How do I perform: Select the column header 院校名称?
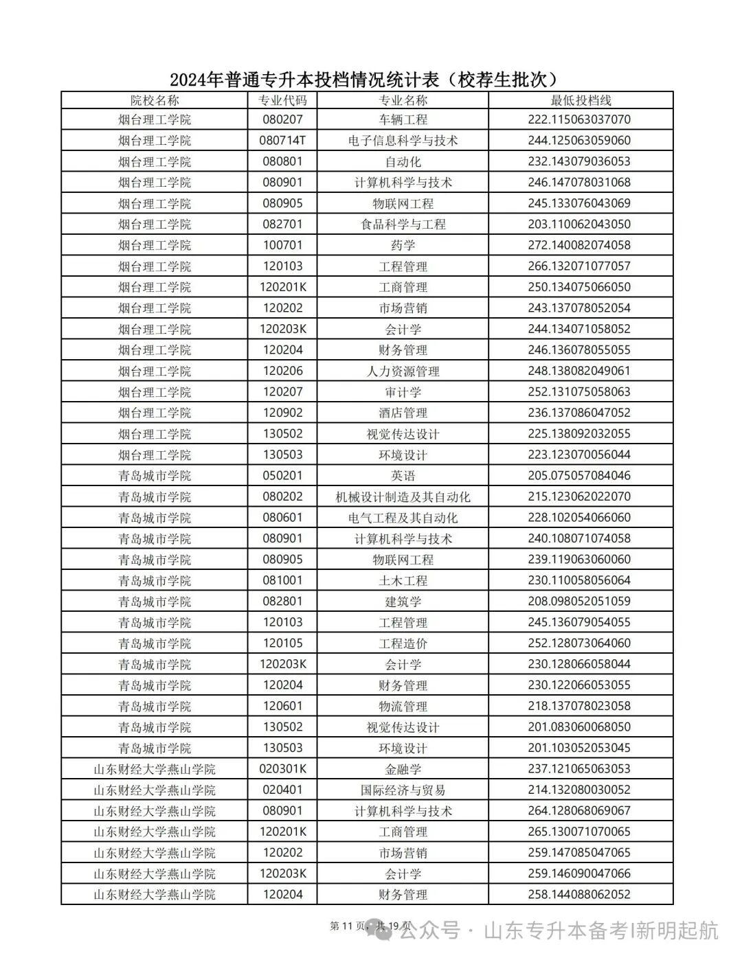tap(155, 100)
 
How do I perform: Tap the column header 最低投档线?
tap(580, 100)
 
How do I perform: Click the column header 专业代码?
tap(282, 100)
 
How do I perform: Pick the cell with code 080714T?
tap(282, 141)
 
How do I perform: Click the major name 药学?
tap(403, 245)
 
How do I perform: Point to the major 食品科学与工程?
tap(403, 225)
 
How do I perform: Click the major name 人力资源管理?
tap(403, 372)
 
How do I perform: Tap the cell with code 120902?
tap(282, 413)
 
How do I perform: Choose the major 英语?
tap(403, 476)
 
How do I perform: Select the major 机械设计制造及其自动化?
tap(403, 497)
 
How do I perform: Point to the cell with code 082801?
tap(282, 602)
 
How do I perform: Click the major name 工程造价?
tap(403, 643)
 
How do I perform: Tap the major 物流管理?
tap(403, 707)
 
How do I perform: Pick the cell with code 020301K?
tap(282, 769)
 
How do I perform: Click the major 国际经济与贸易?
tap(403, 790)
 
